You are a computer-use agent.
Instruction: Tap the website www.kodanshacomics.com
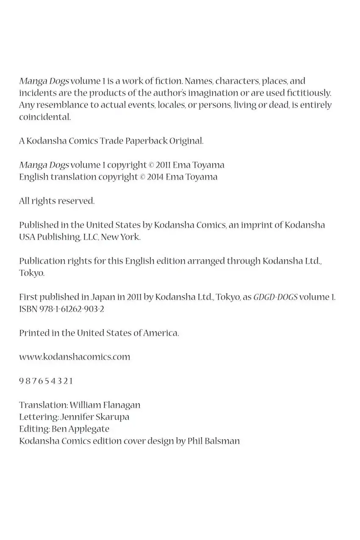point(75,357)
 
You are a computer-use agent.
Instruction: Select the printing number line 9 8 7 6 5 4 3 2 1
point(46,381)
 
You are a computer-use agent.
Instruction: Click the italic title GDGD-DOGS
point(275,297)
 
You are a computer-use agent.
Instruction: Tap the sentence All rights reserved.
point(57,201)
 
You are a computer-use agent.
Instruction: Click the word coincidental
point(45,117)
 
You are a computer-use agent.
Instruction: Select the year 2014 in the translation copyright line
point(155,177)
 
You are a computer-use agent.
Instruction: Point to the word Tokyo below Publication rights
point(31,273)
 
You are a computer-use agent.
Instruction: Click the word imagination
point(168,93)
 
